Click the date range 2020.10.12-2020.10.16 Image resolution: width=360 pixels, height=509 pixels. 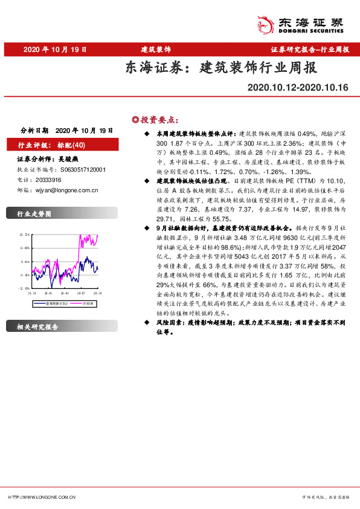click(298, 88)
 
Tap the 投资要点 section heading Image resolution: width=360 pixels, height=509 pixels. click(159, 118)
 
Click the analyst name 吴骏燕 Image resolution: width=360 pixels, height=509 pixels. click(68, 160)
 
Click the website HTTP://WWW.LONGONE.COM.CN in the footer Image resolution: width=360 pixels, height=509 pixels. click(42, 497)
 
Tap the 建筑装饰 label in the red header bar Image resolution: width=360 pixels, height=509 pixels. click(156, 49)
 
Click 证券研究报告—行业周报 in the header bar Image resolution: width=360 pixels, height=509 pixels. click(310, 49)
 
